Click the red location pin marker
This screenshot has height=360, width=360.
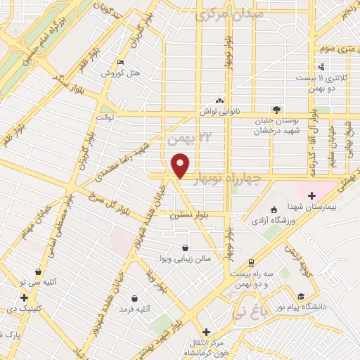coord(181,165)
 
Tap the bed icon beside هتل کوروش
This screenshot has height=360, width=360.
coord(122,62)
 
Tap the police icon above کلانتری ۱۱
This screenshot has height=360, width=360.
coord(322,67)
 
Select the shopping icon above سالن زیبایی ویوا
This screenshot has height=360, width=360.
coord(185,248)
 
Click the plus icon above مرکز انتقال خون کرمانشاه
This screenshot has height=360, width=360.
coord(205,332)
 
